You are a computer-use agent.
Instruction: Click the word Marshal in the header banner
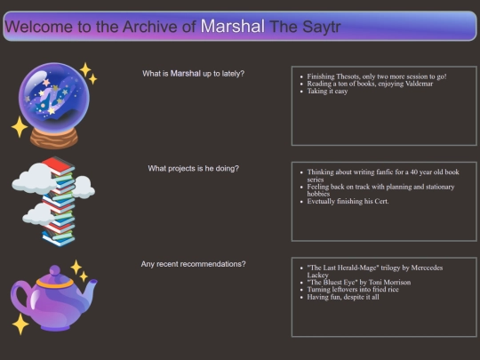[x=232, y=27]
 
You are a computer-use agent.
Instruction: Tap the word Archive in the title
[x=150, y=27]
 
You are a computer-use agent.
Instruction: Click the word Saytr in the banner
[x=322, y=28]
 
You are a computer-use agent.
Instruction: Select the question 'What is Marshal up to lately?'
[x=193, y=74]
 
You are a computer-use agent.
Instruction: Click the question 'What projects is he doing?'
[x=193, y=168]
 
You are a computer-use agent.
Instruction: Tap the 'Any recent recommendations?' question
[x=193, y=264]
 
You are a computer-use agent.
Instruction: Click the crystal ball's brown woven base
[x=54, y=138]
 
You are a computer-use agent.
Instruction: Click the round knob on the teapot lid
[x=55, y=270]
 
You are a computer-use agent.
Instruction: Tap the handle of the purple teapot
[x=19, y=298]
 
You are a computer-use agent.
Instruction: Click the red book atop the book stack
[x=58, y=165]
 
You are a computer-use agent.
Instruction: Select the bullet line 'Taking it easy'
[x=327, y=92]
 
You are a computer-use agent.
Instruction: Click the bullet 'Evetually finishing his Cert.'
[x=348, y=202]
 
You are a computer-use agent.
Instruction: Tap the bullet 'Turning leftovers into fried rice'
[x=353, y=290]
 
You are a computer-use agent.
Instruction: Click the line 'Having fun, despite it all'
[x=343, y=297]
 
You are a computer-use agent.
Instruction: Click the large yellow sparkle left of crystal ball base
[x=20, y=126]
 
